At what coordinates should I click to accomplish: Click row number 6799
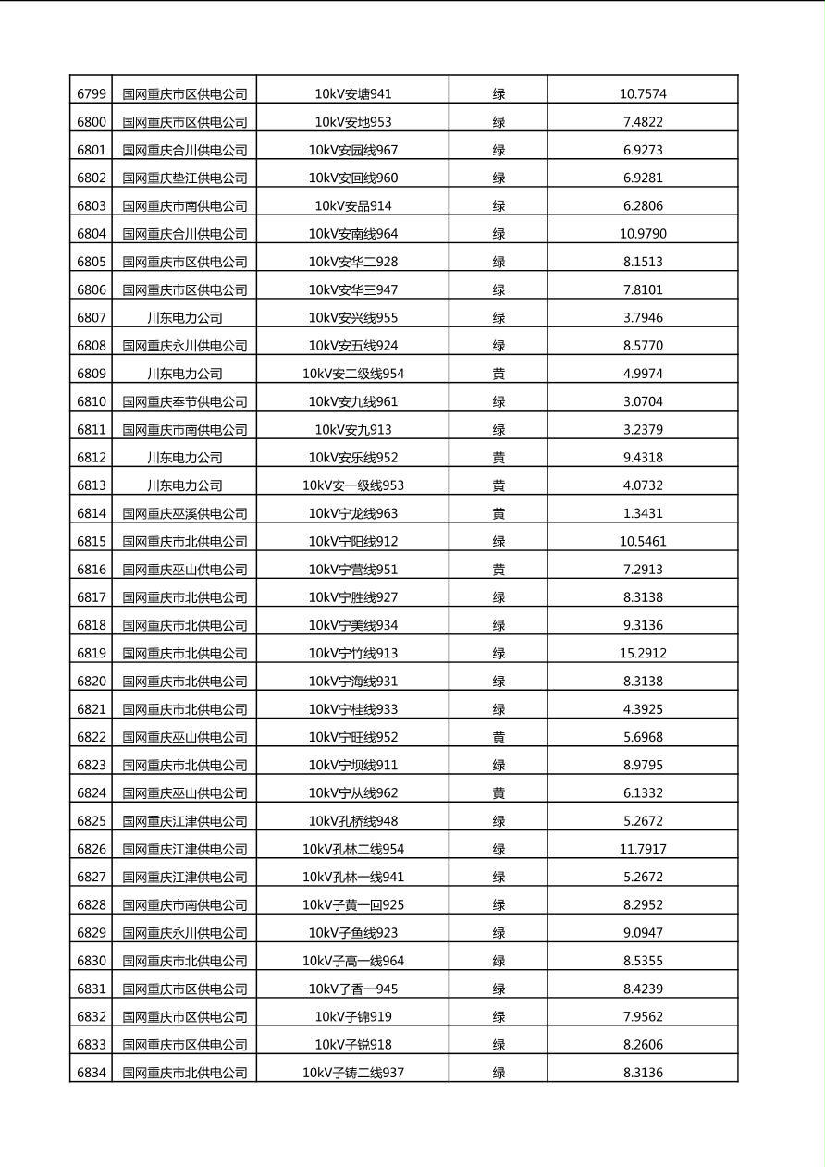(x=91, y=93)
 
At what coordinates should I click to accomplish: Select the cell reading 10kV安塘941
(x=352, y=93)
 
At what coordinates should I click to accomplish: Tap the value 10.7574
(x=642, y=93)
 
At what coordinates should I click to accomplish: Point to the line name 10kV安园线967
(x=352, y=150)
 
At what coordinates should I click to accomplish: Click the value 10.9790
(x=642, y=234)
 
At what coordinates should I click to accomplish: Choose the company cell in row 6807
(x=184, y=317)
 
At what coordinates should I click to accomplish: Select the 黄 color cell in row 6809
(x=498, y=374)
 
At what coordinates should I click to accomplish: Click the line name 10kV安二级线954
(x=352, y=374)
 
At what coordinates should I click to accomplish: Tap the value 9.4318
(x=642, y=457)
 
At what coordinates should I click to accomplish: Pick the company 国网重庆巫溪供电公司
(x=184, y=513)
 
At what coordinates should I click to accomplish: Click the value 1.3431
(x=642, y=513)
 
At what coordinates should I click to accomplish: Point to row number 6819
(x=91, y=653)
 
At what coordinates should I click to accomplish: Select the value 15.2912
(x=642, y=653)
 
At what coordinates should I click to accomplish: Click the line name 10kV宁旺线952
(x=352, y=737)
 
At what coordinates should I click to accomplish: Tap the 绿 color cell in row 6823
(x=498, y=765)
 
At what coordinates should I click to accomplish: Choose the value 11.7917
(x=642, y=849)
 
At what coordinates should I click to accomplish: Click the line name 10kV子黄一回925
(x=352, y=904)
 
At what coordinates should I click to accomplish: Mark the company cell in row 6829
(x=184, y=932)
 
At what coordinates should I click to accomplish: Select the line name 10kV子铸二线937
(x=352, y=1073)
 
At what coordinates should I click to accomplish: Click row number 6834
(x=91, y=1073)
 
